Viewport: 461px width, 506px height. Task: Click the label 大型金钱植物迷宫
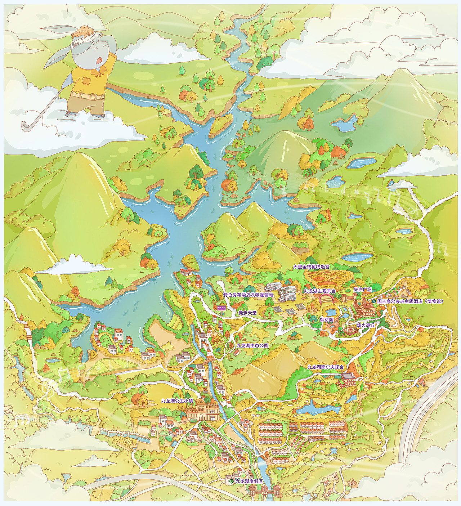[311, 267]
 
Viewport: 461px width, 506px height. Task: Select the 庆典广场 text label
[362, 290]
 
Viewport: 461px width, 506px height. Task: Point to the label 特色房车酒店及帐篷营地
[248, 295]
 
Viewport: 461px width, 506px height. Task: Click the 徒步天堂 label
[247, 313]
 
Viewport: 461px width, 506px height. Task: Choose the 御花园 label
[327, 319]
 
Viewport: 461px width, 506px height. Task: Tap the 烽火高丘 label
[366, 325]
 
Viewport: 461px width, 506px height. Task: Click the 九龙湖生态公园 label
[252, 345]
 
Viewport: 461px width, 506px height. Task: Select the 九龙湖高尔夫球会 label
[326, 367]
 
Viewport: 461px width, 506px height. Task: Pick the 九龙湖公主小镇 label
[177, 400]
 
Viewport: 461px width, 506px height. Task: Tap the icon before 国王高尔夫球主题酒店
[374, 301]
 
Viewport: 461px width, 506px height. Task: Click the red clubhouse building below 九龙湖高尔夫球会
[348, 379]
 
